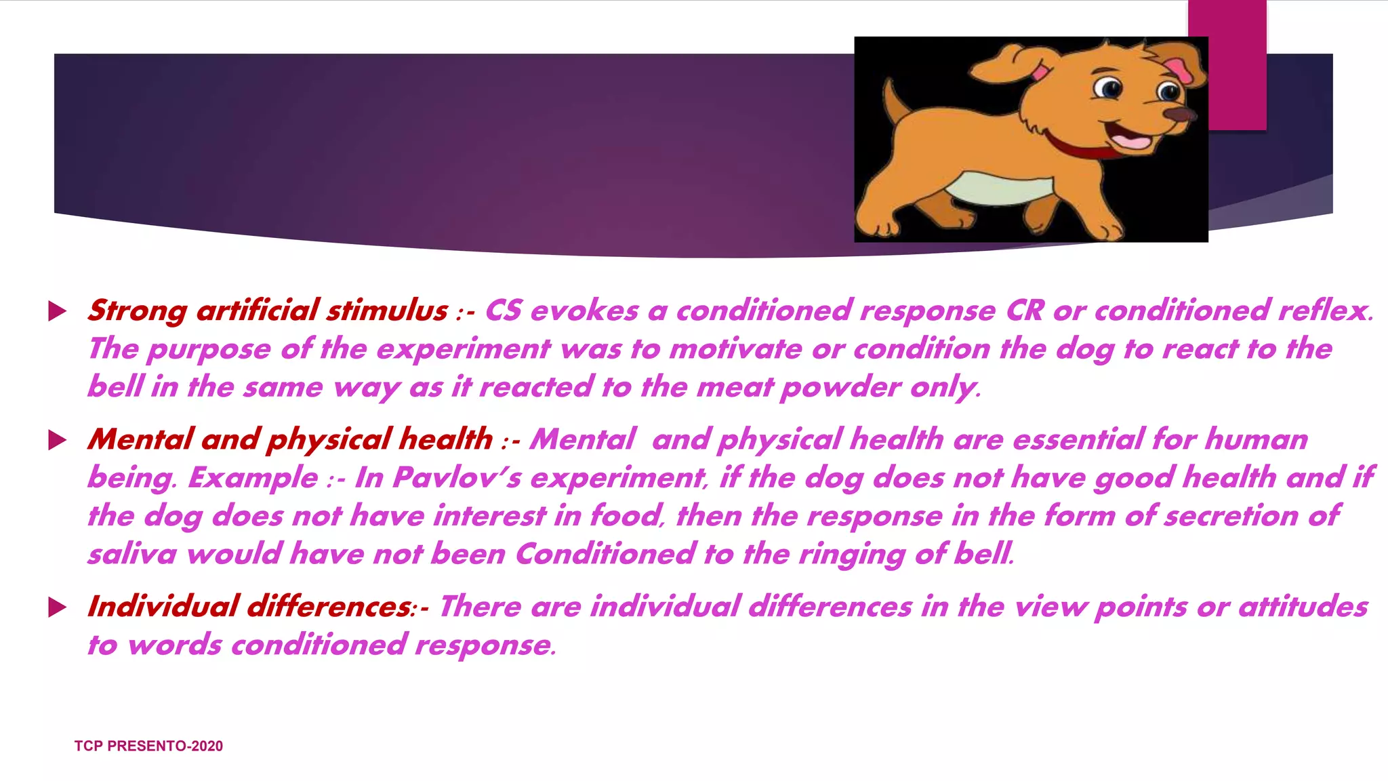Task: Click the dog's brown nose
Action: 1179,114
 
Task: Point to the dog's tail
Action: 895,102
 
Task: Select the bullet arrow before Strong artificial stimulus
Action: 58,312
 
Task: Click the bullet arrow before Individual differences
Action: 58,607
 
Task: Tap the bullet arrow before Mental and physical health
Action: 58,441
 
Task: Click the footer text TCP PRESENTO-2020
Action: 148,746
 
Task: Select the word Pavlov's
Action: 456,478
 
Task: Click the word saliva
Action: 132,555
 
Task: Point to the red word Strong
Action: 137,311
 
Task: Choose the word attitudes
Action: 1303,607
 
